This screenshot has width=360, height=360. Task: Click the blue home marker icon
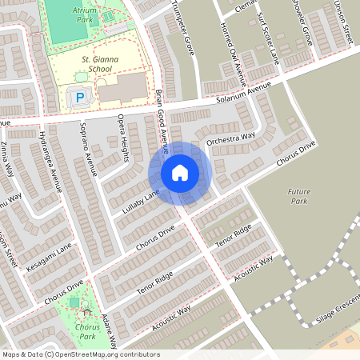click(180, 172)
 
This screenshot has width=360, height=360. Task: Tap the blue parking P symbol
click(79, 98)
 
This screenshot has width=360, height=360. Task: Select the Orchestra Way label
click(230, 138)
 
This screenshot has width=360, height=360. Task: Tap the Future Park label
click(301, 198)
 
